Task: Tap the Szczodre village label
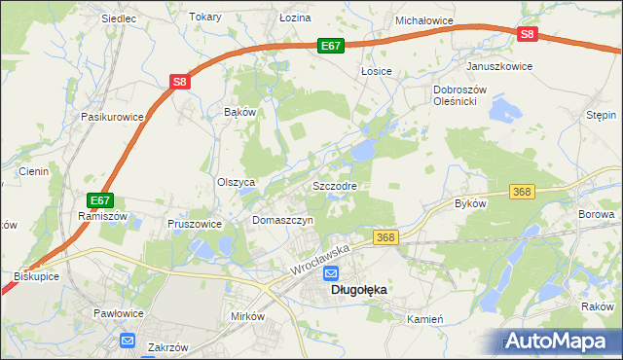[334, 185]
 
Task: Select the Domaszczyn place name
[282, 221]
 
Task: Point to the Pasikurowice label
[113, 117]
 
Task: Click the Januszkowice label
[500, 66]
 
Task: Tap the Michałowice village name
[425, 19]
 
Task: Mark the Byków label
[470, 203]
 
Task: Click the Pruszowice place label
[195, 223]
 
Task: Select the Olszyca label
[236, 182]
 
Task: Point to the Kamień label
[425, 318]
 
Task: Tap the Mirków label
[247, 317]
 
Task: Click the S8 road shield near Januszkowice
[527, 34]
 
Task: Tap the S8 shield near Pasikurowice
[180, 83]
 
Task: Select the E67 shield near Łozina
[331, 46]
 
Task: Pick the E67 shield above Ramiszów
[98, 200]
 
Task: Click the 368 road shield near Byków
[522, 192]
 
